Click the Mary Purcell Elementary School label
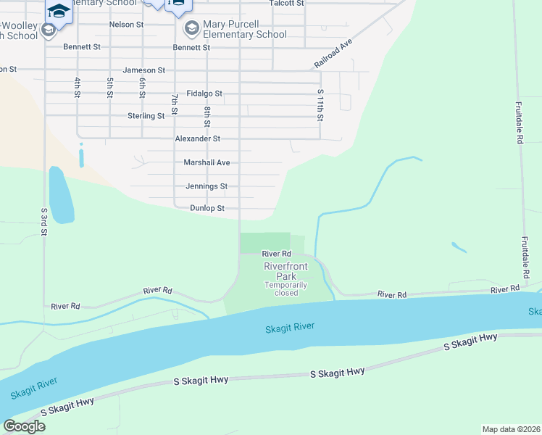click(x=245, y=29)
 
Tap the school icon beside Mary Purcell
click(x=192, y=29)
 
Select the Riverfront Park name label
click(x=285, y=271)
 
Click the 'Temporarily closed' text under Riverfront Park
click(x=281, y=289)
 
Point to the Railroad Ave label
click(x=333, y=54)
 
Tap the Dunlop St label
click(x=207, y=208)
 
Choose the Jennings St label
click(x=207, y=186)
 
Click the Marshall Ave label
click(x=207, y=162)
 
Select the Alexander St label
click(x=197, y=138)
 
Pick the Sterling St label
click(x=146, y=116)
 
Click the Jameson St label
click(x=144, y=70)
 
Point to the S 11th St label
click(x=320, y=104)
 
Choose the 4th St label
click(x=76, y=87)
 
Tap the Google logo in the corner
click(x=25, y=426)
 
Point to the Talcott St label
click(x=286, y=3)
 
